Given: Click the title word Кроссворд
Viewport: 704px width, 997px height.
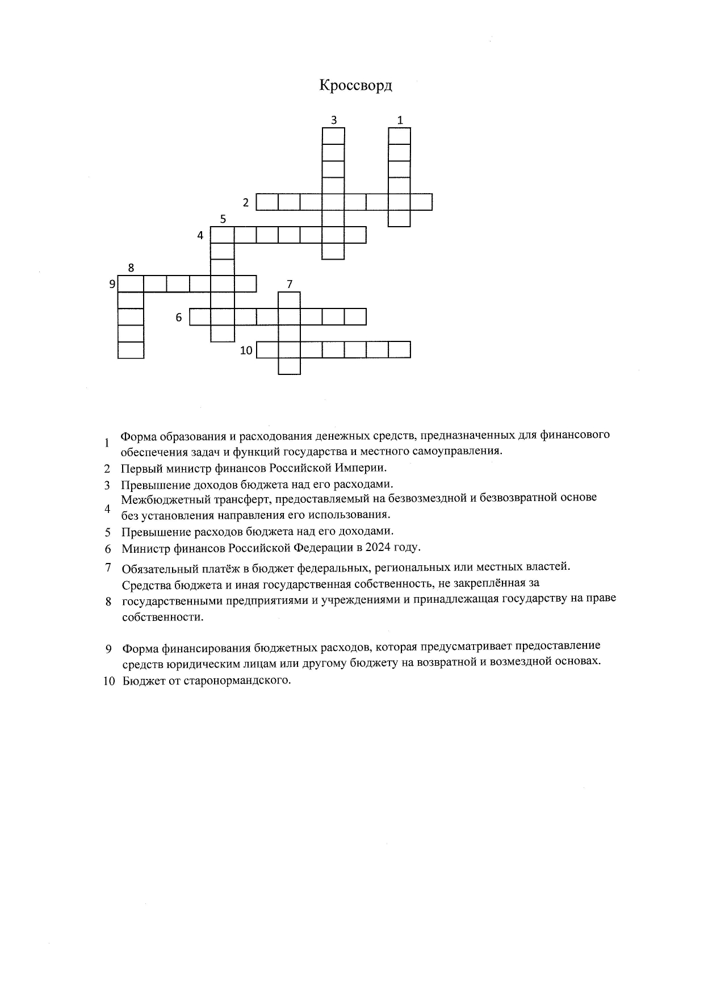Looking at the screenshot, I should coord(355,86).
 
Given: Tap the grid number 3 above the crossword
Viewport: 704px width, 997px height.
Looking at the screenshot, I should coord(334,120).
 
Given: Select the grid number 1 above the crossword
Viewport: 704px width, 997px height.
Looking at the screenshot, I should coord(400,120).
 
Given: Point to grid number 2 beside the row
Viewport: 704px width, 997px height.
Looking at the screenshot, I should coord(246,202).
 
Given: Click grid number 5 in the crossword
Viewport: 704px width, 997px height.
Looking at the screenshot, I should coord(223,219).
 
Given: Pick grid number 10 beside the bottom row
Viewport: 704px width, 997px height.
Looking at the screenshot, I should coord(246,351).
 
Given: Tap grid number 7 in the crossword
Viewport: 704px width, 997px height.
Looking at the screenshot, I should coord(290,283).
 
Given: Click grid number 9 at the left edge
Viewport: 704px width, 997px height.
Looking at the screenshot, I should coord(112,283).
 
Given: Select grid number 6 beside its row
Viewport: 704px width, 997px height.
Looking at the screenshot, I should coord(179,318).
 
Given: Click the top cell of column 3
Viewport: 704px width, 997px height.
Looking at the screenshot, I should coord(333,136).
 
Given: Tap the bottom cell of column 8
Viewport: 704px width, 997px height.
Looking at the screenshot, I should coord(131,350).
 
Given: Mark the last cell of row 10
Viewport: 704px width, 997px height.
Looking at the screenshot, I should coord(400,349).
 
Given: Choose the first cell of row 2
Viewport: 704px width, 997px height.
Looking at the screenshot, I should coord(267,202).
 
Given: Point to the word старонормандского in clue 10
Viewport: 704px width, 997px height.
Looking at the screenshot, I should coord(237,680).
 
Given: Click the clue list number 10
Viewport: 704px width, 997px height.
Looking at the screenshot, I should coord(109,681).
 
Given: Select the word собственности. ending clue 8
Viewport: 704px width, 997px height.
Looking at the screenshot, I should coord(162,616).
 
